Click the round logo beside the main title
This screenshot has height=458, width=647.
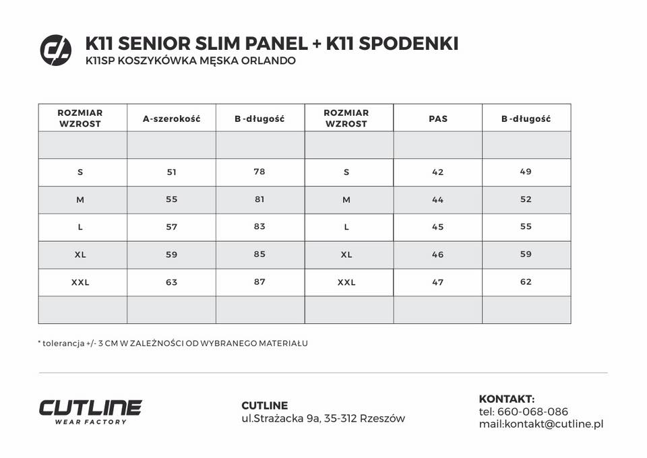(55, 50)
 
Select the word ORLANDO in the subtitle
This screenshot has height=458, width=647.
(268, 61)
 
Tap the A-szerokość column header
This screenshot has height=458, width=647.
(171, 119)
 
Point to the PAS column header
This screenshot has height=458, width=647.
(438, 119)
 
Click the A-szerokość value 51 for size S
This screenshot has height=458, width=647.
(171, 172)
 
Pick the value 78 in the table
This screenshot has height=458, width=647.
(259, 172)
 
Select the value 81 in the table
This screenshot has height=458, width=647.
(259, 199)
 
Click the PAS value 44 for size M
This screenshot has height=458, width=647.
(438, 199)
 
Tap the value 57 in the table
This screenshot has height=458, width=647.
(171, 227)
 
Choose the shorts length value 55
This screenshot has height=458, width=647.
(526, 227)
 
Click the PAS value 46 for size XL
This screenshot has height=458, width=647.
(438, 255)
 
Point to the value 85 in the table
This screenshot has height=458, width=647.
(259, 255)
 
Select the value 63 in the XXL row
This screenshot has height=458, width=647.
(171, 282)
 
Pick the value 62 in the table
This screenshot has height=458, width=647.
(526, 282)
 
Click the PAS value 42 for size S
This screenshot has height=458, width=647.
(438, 172)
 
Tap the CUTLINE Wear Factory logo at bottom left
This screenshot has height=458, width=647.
(90, 411)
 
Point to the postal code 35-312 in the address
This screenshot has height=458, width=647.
(340, 418)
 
